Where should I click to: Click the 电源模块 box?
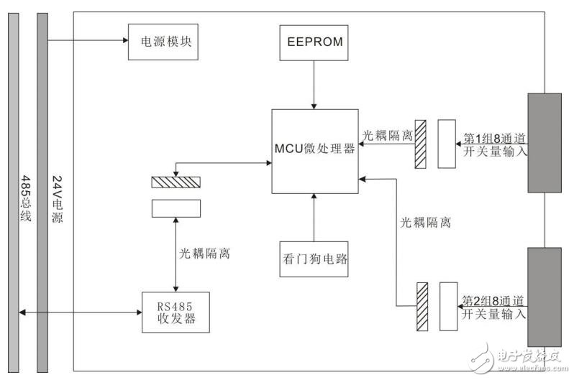[163, 42]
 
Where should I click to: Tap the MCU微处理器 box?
[314, 151]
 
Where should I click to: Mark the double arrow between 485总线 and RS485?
[79, 312]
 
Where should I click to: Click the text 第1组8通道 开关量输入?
[494, 144]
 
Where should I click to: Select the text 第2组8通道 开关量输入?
[494, 307]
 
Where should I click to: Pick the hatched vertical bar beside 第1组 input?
[421, 143]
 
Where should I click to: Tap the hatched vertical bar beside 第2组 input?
[422, 307]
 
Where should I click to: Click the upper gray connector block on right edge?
[545, 143]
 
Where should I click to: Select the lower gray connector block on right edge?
[545, 297]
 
